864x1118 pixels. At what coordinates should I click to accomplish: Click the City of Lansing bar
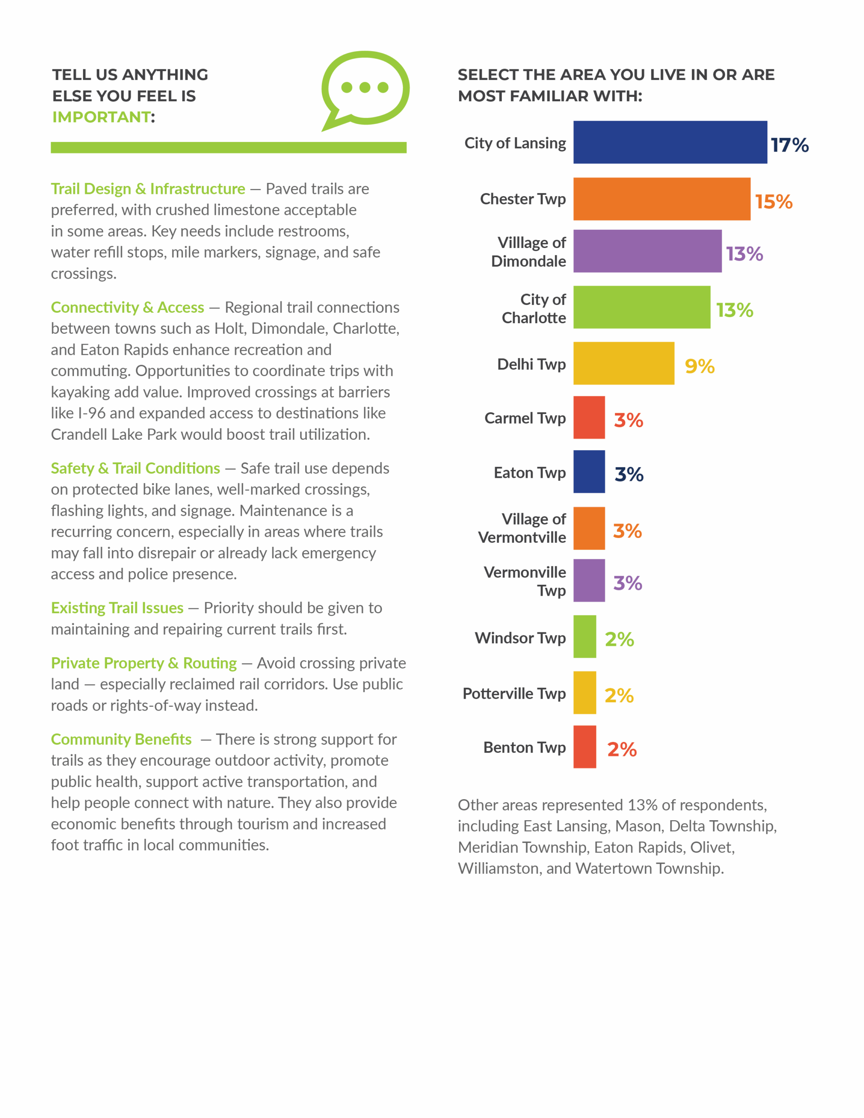[670, 142]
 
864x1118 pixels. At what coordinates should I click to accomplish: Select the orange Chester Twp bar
[662, 199]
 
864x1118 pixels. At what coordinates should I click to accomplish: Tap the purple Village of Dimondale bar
[647, 251]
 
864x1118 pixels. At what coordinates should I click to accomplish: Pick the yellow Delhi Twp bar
[624, 363]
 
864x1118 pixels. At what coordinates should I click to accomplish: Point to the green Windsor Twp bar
[585, 636]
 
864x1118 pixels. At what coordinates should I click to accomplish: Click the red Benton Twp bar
[585, 747]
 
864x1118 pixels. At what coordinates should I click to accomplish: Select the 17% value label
[790, 145]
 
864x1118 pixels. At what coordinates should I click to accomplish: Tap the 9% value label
[700, 366]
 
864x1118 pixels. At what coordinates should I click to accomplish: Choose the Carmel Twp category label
[525, 418]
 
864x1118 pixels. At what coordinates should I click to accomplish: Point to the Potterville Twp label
[514, 694]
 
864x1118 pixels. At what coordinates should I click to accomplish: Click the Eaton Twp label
[529, 473]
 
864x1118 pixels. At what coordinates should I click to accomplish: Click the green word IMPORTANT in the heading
[101, 117]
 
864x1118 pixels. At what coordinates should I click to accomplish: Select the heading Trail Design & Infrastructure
[148, 189]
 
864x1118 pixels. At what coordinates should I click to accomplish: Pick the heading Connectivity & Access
[128, 307]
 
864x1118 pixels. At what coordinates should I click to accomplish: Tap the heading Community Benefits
[121, 739]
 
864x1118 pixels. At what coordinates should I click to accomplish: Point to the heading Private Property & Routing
[144, 663]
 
